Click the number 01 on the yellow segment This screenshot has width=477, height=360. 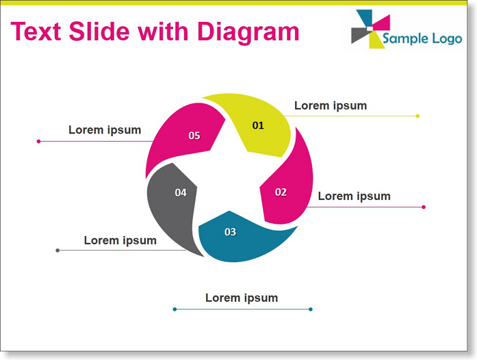tap(258, 125)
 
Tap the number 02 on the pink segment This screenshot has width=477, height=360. tap(281, 192)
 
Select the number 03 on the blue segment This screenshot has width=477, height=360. tap(230, 232)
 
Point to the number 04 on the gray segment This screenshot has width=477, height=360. tap(181, 192)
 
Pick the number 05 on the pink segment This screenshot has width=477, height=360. tap(194, 136)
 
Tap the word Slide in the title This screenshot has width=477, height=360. tap(99, 31)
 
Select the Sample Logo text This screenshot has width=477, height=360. tap(422, 38)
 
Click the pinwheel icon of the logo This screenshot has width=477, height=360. tap(370, 29)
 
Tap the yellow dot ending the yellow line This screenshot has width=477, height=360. tap(417, 116)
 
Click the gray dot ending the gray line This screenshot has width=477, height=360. tap(57, 250)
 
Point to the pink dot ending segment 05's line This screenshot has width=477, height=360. tap(38, 141)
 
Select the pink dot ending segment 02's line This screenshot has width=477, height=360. tap(424, 207)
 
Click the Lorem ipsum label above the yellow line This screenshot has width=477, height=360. tap(331, 106)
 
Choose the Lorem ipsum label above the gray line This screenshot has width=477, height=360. tap(120, 240)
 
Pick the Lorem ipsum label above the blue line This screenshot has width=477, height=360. tap(242, 298)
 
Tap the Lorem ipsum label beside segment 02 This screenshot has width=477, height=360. tap(354, 196)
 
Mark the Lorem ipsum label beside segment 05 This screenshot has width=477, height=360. tap(105, 130)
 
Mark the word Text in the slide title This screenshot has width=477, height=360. tap(36, 31)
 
